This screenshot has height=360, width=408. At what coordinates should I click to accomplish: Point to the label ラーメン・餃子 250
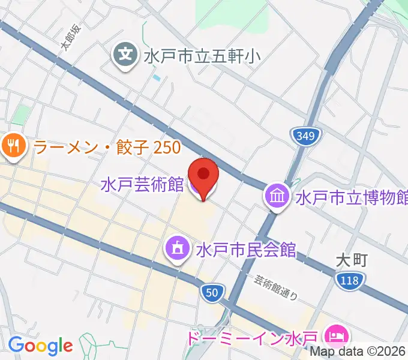pos(107,146)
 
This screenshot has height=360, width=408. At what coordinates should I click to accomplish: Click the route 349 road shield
pos(305,136)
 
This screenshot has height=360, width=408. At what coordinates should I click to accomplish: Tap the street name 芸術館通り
pos(275,287)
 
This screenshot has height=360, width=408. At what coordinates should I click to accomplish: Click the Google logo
pos(40,345)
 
